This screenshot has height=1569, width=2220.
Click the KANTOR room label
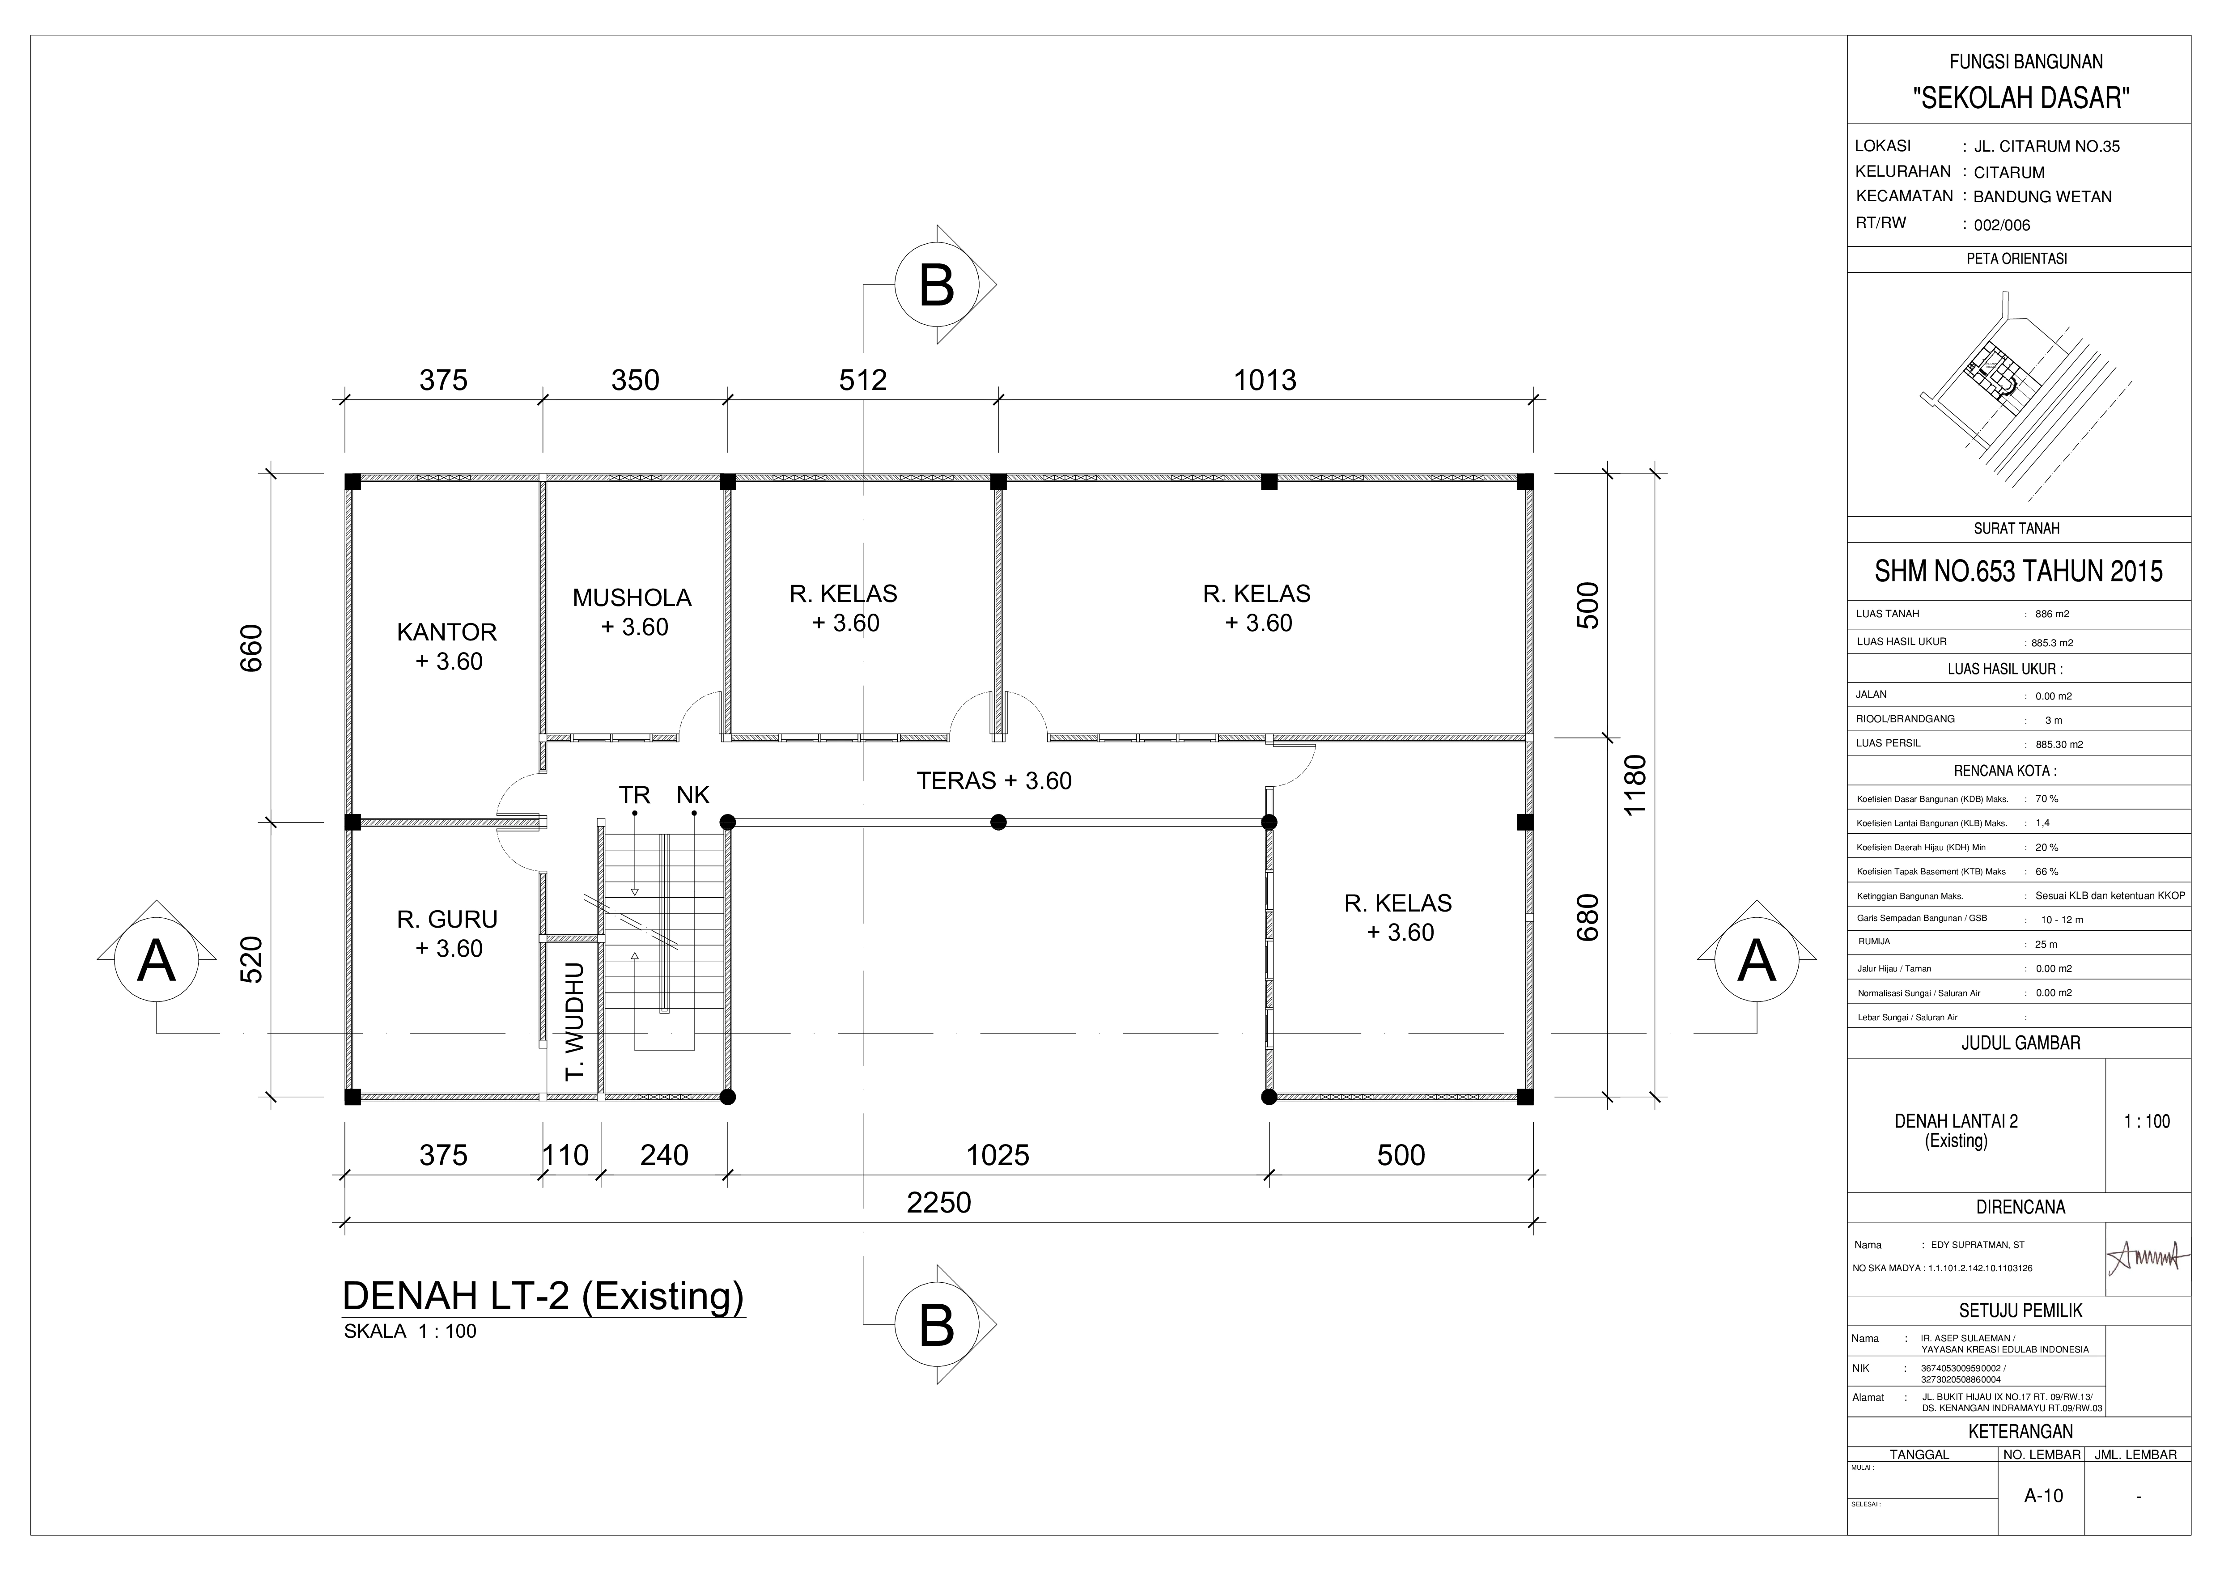coord(447,632)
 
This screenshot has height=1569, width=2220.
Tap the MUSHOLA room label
coord(632,598)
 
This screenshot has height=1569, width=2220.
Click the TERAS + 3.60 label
coord(994,780)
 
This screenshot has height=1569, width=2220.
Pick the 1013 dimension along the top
coord(1265,380)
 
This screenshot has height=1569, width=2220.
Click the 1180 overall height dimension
coord(1634,785)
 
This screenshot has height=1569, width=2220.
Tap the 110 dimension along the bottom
coord(566,1155)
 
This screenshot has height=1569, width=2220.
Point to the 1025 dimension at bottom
coord(998,1155)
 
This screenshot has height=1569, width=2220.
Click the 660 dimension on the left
coord(251,649)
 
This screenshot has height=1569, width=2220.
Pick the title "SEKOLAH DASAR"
coord(2019,98)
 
